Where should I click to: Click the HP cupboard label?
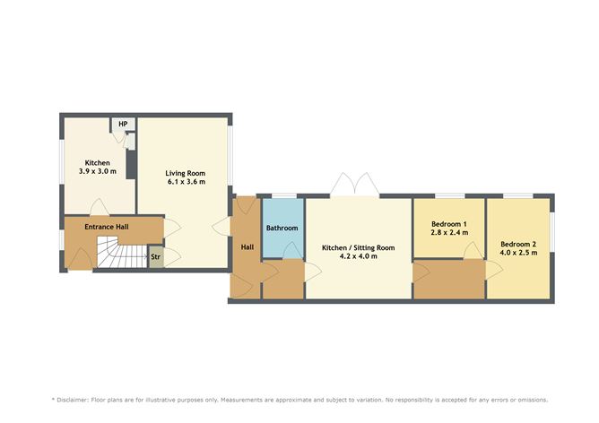pyautogui.click(x=123, y=124)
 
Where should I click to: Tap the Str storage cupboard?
pyautogui.click(x=155, y=256)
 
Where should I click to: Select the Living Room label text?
pyautogui.click(x=186, y=173)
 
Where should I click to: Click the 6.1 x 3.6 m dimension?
pyautogui.click(x=187, y=182)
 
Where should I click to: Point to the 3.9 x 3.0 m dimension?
pyautogui.click(x=98, y=171)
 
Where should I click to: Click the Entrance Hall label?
pyautogui.click(x=107, y=227)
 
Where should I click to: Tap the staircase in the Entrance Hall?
pyautogui.click(x=122, y=252)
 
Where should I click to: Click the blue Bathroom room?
pyautogui.click(x=282, y=229)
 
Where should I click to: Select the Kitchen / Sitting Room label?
pyautogui.click(x=359, y=247)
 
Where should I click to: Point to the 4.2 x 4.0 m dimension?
pyautogui.click(x=359, y=256)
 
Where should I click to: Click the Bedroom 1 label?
pyautogui.click(x=449, y=224)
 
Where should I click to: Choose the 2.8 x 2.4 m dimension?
pyautogui.click(x=449, y=232)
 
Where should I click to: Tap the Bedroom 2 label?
pyautogui.click(x=518, y=245)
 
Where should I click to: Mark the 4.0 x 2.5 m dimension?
pyautogui.click(x=518, y=253)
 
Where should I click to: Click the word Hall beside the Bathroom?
pyautogui.click(x=247, y=247)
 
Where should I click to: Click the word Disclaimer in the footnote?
pyautogui.click(x=73, y=400)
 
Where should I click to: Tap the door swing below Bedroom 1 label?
pyautogui.click(x=473, y=251)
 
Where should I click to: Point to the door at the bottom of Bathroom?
pyautogui.click(x=291, y=251)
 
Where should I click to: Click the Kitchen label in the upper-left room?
pyautogui.click(x=98, y=163)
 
